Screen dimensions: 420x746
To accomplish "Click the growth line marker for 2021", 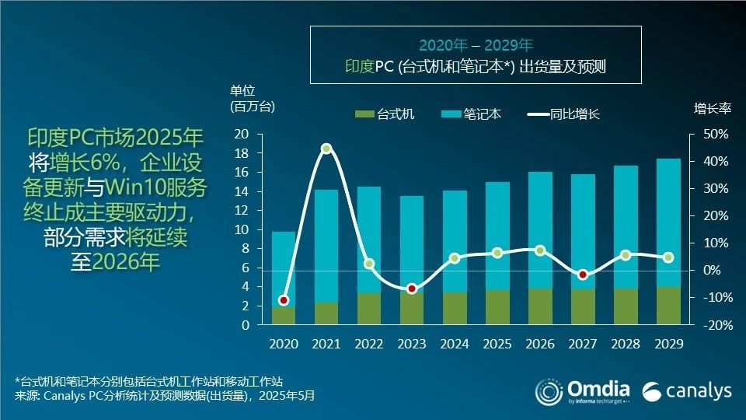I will [x=326, y=149].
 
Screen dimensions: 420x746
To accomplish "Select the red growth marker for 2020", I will [x=284, y=300].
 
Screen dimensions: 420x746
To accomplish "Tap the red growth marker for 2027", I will [x=583, y=275].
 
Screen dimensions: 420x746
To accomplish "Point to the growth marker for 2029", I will [x=668, y=257].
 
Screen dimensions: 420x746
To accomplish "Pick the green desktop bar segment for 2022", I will [x=369, y=309].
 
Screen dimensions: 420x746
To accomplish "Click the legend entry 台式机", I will [x=386, y=114].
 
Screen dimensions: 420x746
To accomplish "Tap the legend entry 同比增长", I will [x=564, y=114].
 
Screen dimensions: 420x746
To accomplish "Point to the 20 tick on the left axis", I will [x=242, y=135].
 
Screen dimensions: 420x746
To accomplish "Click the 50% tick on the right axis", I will [x=716, y=135].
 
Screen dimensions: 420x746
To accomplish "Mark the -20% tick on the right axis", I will [x=714, y=325].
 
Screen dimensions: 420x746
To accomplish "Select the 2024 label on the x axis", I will [x=455, y=343].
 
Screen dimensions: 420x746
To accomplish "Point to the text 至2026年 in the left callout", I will [x=115, y=262].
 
